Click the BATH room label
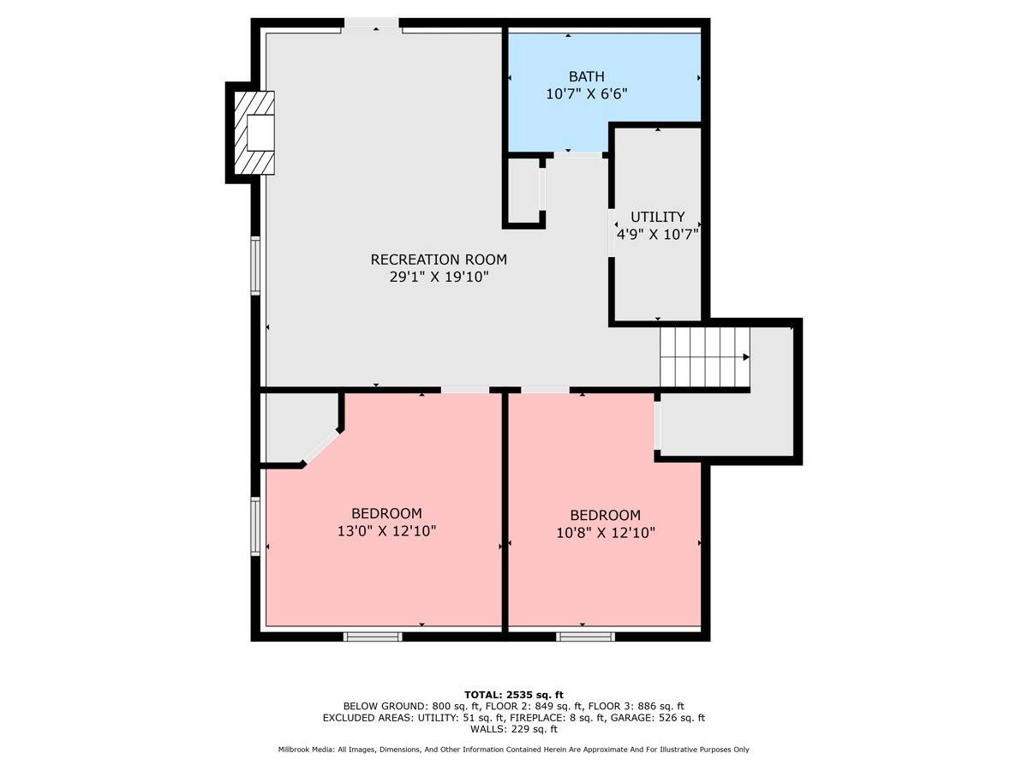[586, 77]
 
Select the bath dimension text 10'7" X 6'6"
[586, 94]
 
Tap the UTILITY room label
[657, 217]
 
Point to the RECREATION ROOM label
[438, 260]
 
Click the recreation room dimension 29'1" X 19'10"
[438, 277]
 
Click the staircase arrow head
[746, 357]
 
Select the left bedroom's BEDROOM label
[386, 514]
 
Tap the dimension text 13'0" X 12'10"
[386, 531]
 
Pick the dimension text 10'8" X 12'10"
[605, 533]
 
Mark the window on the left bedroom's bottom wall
[373, 637]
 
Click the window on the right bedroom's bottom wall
[585, 637]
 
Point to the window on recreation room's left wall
[255, 266]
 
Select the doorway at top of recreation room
[372, 25]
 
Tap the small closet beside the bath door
[523, 189]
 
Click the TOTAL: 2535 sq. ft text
[513, 694]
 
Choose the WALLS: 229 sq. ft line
[513, 729]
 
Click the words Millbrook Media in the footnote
[305, 750]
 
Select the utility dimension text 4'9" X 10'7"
[657, 234]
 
